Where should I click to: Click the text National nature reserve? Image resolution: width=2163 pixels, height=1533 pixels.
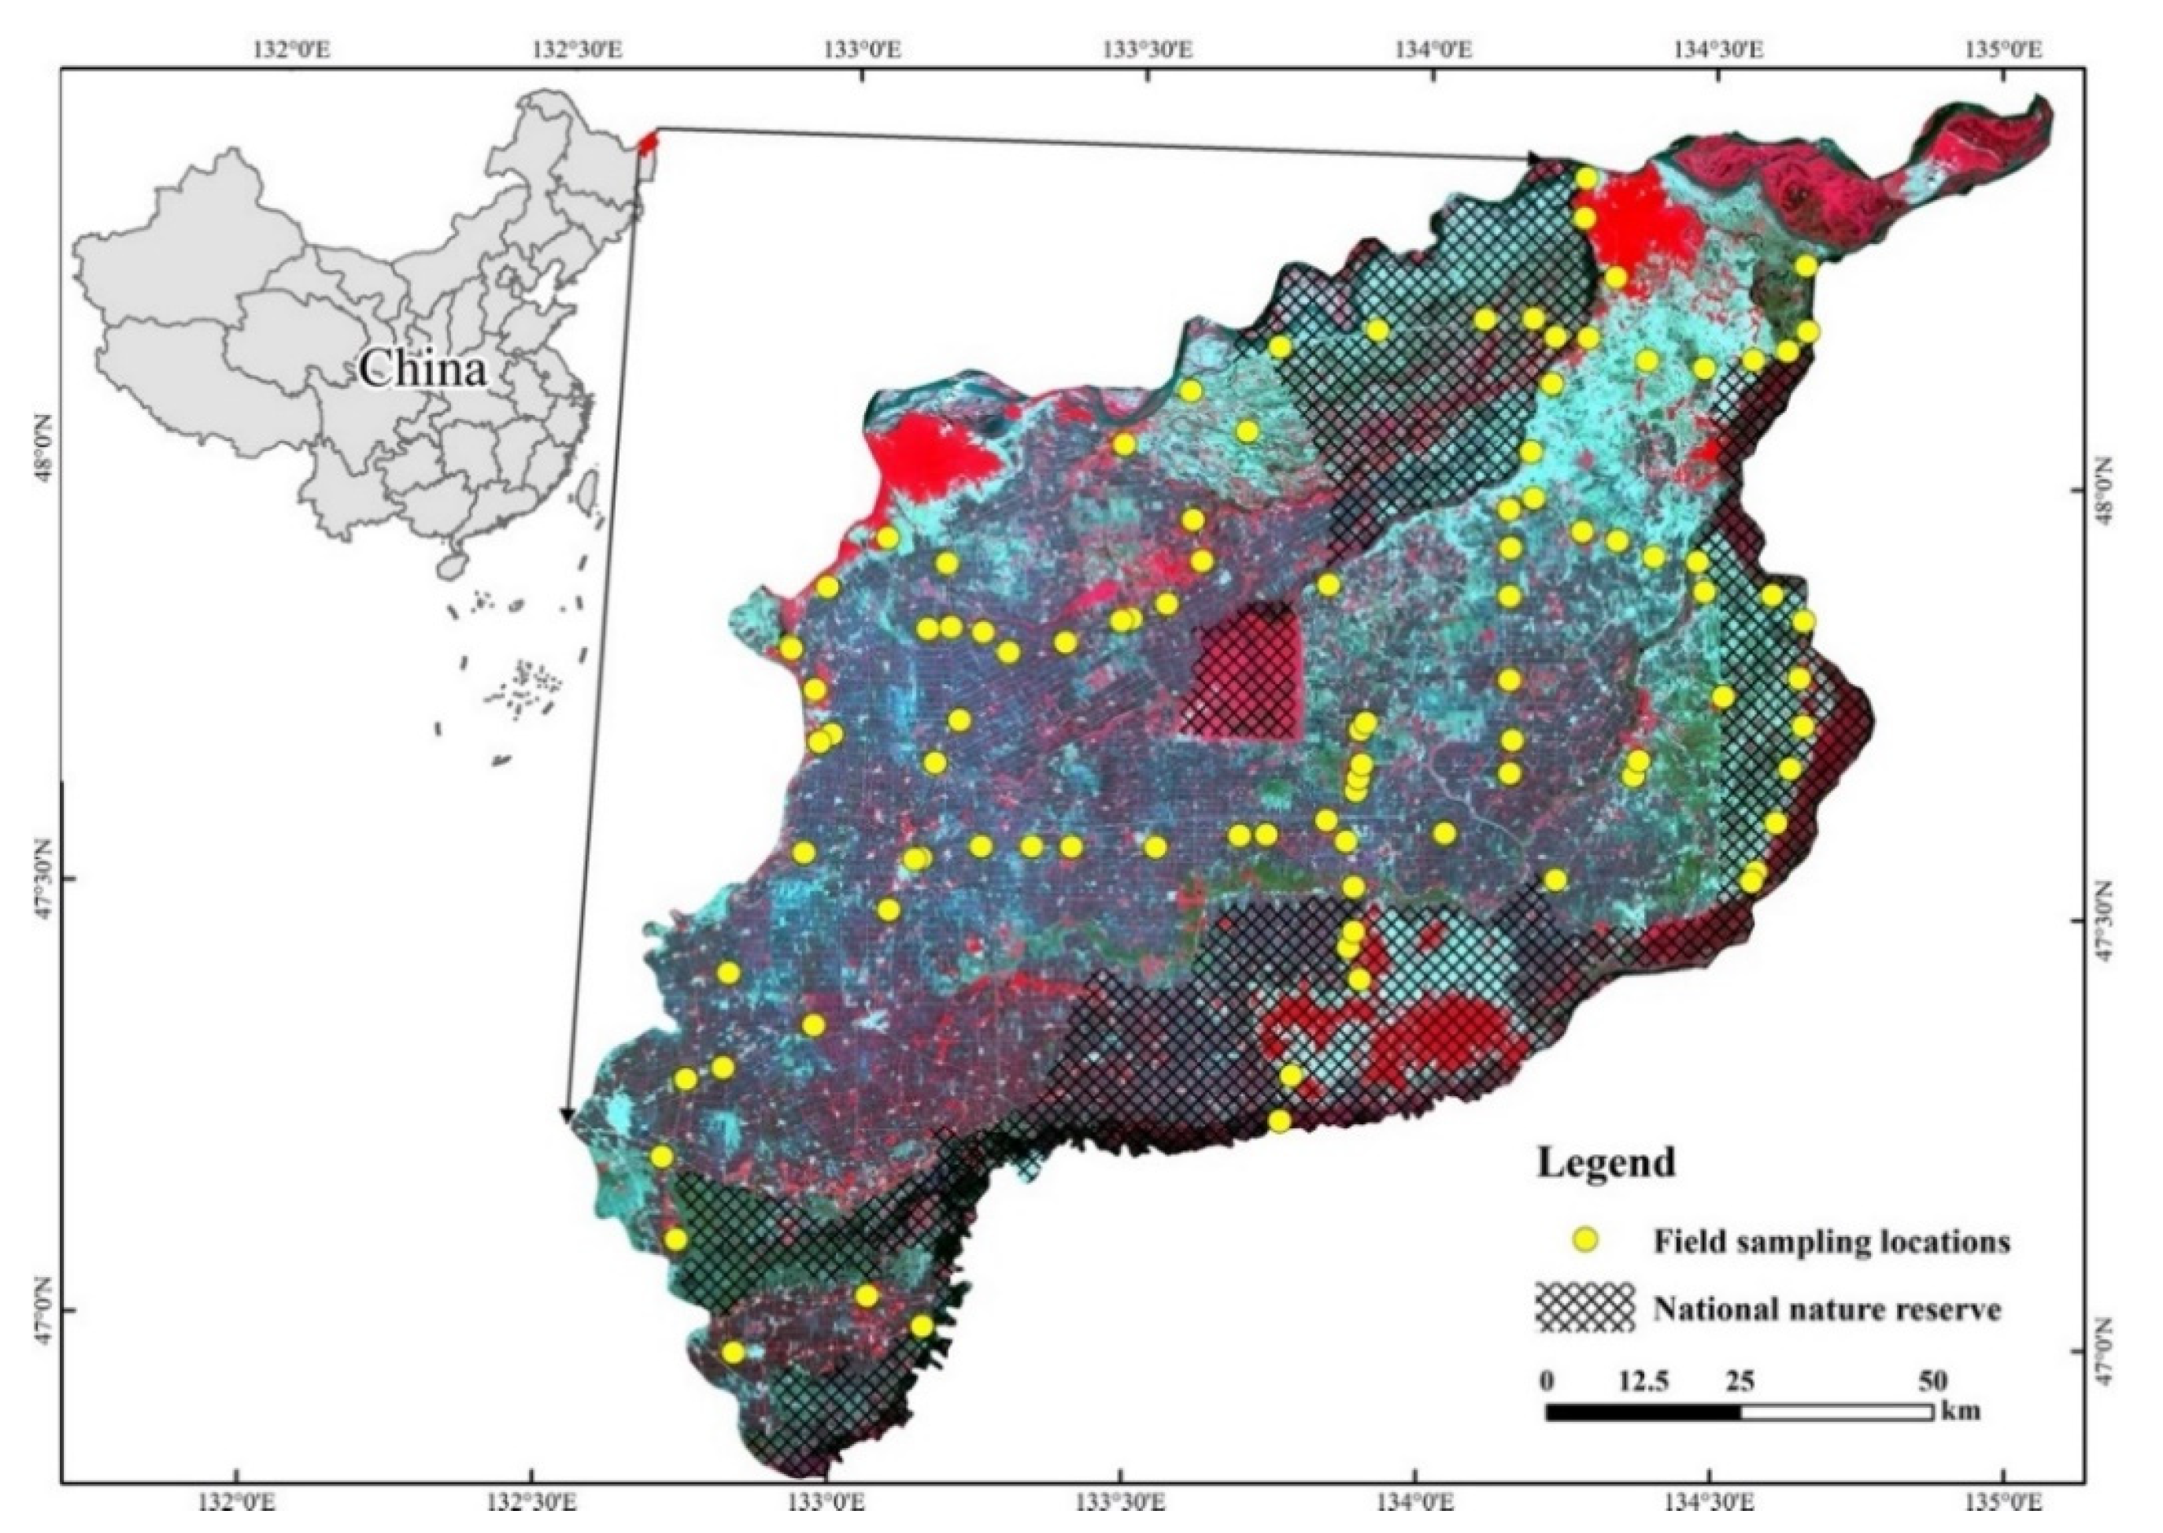click(1826, 1309)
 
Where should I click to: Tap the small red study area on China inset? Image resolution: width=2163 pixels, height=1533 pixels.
click(646, 143)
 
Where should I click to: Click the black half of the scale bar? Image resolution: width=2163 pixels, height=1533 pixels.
click(1642, 1413)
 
